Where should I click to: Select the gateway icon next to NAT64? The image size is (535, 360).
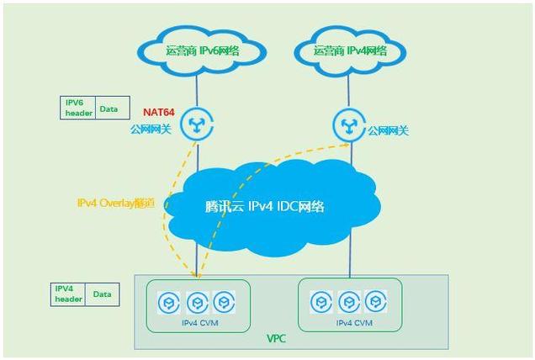[x=198, y=124]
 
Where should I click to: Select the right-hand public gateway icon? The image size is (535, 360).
[x=350, y=124]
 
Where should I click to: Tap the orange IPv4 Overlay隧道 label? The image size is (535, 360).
[x=117, y=203]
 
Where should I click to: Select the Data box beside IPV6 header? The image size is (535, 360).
[x=109, y=109]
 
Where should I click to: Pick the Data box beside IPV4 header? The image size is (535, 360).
[x=102, y=294]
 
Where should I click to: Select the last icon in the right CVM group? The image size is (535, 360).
[x=375, y=302]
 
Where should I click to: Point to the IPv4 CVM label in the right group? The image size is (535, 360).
[x=351, y=322]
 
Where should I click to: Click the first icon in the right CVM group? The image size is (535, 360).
[x=320, y=302]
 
